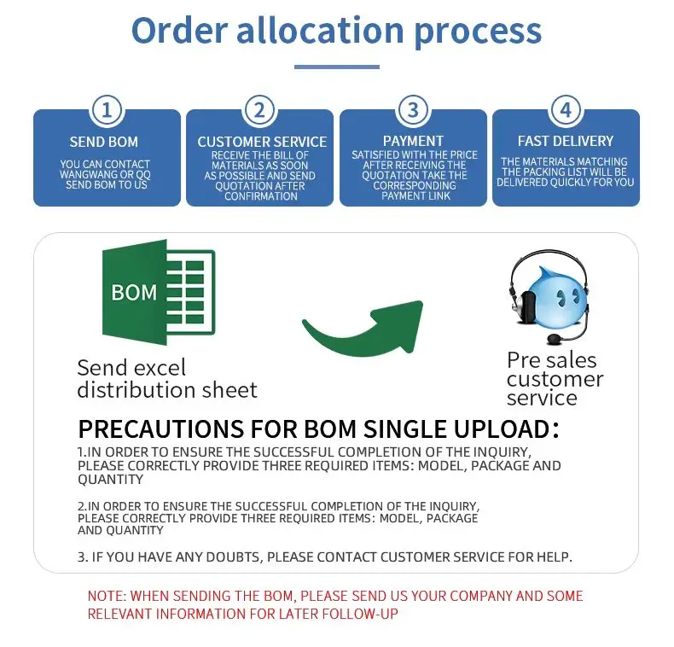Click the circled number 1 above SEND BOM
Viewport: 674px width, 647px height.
107,111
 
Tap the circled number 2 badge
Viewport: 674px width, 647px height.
259,111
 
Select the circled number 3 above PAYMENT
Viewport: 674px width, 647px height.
413,111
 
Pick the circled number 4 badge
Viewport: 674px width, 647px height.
567,111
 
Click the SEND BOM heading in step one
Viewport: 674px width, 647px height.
104,142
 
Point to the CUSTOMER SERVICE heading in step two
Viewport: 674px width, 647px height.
262,142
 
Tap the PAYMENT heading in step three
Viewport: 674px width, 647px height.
413,141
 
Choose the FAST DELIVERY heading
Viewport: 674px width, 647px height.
566,141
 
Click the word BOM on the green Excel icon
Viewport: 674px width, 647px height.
134,293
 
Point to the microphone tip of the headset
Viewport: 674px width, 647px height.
555,338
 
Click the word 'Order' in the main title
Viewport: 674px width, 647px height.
179,31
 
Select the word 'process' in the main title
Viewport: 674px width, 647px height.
478,32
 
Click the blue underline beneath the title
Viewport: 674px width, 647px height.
337,67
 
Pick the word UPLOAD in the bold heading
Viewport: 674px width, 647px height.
505,428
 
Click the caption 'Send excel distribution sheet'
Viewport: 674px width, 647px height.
166,379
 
